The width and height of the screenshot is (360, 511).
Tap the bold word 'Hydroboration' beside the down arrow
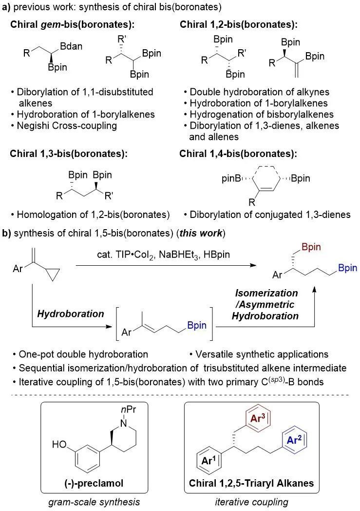pyautogui.click(x=71, y=314)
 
